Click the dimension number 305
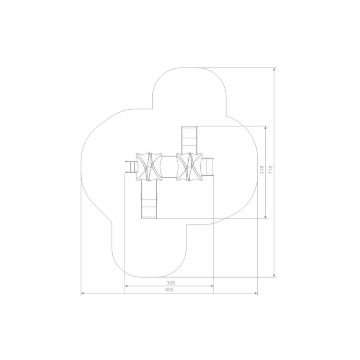(171, 283)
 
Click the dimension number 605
(170, 290)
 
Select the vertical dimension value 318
(262, 170)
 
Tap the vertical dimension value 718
(271, 170)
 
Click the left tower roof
(149, 167)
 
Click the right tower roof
(190, 167)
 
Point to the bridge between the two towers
(169, 167)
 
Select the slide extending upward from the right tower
(190, 140)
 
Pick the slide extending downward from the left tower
(149, 199)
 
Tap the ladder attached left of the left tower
(131, 167)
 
